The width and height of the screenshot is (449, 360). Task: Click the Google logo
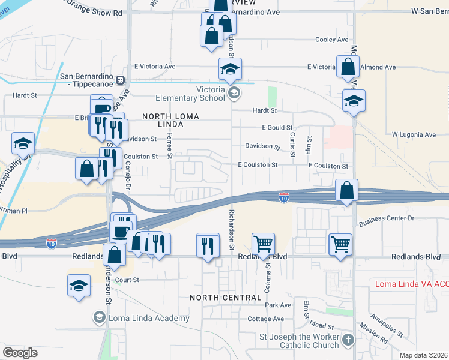[x=20, y=353]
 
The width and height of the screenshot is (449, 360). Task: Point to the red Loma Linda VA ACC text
[x=411, y=284]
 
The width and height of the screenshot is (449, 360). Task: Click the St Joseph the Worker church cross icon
[x=348, y=341]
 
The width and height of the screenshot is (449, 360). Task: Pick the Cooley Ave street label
[x=332, y=40]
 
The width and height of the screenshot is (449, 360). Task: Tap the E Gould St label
[x=277, y=128]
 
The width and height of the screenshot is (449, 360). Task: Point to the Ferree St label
[x=170, y=146]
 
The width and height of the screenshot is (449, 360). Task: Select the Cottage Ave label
[x=265, y=319]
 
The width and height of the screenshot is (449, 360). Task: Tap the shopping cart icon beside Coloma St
[x=262, y=244]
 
